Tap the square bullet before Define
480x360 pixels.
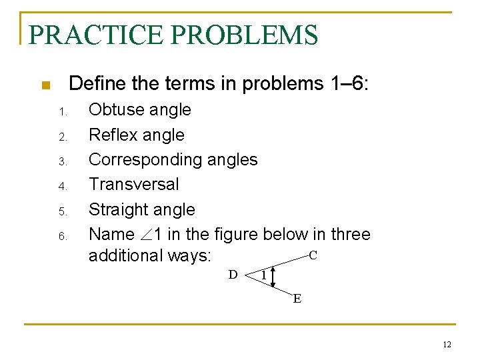45,85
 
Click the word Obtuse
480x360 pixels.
115,110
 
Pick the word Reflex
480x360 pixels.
112,135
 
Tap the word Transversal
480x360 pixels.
134,184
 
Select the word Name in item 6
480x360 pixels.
111,235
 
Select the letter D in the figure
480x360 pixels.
233,274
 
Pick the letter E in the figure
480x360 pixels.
297,298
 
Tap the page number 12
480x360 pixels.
447,344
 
